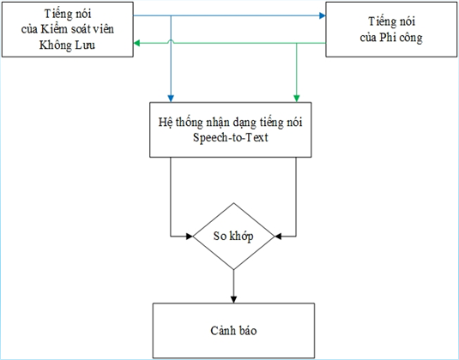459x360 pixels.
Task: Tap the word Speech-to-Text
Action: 231,137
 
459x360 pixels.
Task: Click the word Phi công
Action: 401,38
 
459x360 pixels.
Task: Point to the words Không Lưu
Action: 67,45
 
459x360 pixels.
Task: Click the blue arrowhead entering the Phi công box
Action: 323,15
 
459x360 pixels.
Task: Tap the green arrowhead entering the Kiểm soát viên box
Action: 136,43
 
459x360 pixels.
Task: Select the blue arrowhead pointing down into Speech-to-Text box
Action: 171,99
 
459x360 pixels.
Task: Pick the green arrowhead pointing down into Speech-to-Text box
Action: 297,99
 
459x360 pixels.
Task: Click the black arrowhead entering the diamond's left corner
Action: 190,236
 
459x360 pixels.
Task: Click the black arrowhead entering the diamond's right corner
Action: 278,236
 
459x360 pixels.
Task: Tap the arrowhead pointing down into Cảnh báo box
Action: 233,299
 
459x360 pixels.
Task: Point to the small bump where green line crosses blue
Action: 171,42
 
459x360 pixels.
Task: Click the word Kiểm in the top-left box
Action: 54,29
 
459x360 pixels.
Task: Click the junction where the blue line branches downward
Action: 171,15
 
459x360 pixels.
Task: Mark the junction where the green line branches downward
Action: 297,43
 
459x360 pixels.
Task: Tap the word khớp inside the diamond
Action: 241,237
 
